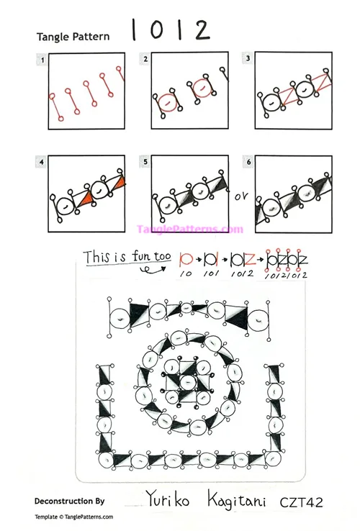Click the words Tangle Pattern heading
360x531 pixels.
[x=73, y=37]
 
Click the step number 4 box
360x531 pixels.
[x=43, y=163]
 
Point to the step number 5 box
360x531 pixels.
[x=146, y=163]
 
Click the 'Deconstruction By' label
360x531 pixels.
[x=69, y=499]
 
